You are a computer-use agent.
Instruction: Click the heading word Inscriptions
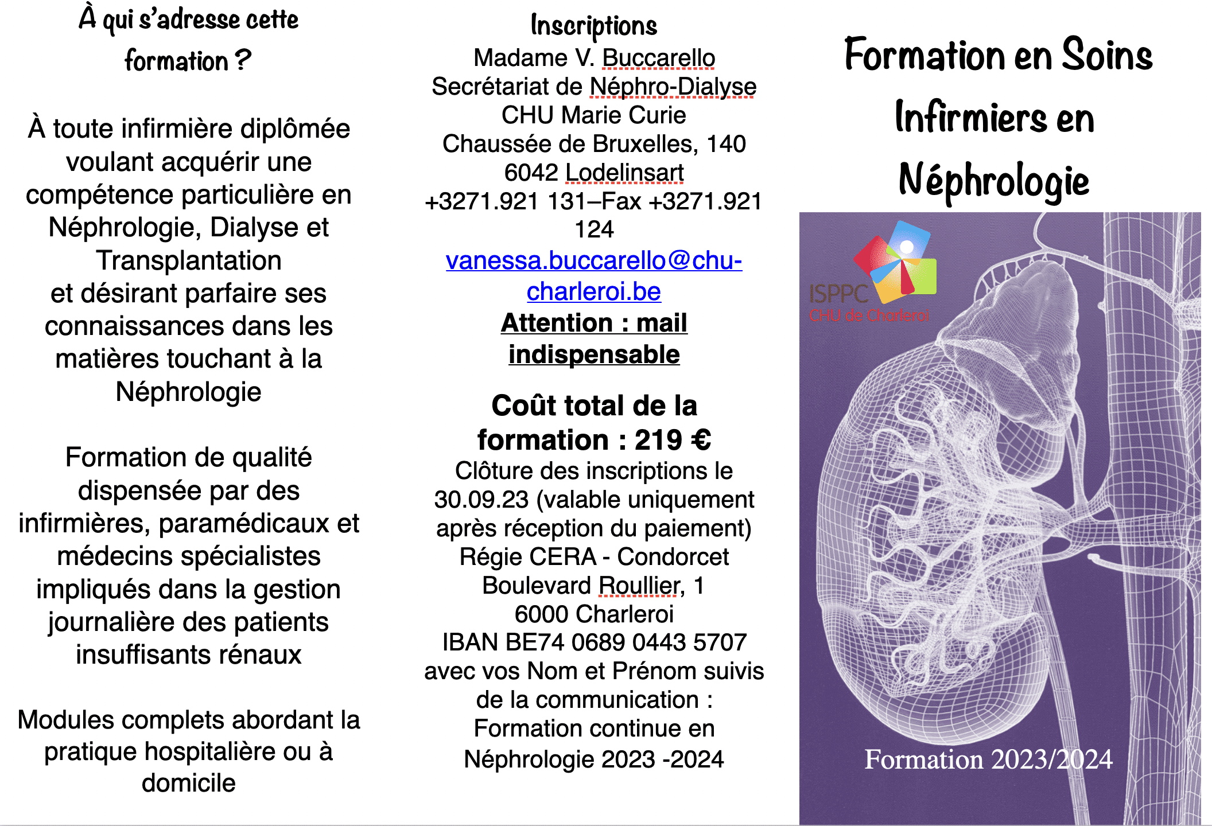click(593, 26)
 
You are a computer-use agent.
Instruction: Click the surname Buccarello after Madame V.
click(658, 58)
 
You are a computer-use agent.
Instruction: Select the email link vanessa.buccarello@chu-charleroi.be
click(593, 276)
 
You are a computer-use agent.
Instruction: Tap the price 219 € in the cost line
click(673, 440)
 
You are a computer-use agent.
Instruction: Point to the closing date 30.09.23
click(481, 500)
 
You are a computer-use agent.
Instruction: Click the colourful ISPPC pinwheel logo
click(898, 261)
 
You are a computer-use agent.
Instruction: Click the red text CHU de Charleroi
click(869, 315)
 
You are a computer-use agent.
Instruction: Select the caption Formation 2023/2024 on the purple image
click(988, 759)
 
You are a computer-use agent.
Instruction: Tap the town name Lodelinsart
click(624, 173)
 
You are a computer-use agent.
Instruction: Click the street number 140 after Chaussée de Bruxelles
click(726, 144)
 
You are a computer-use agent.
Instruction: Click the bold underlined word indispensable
click(594, 354)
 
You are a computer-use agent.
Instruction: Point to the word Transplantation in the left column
click(189, 260)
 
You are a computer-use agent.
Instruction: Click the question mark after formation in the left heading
click(243, 60)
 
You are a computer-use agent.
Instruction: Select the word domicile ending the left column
click(189, 783)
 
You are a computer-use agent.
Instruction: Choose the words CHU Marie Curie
click(593, 115)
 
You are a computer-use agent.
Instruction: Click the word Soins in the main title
click(1107, 55)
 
